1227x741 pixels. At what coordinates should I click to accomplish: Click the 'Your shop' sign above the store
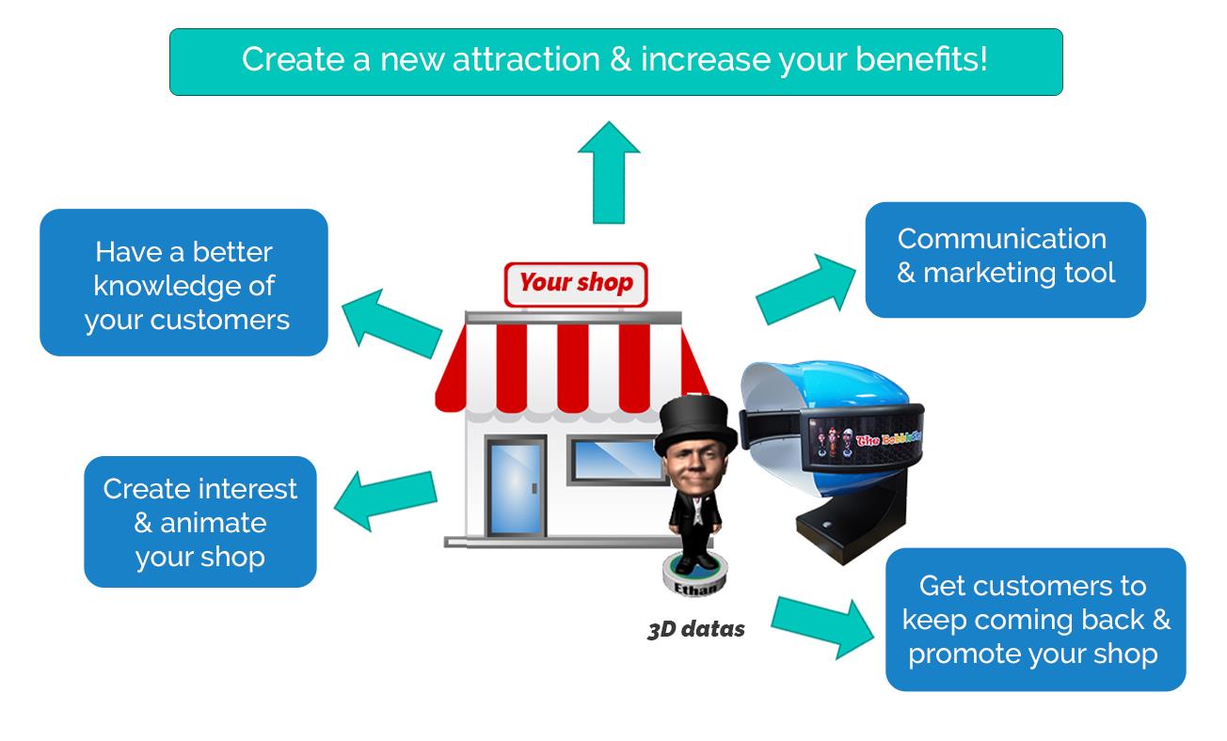(576, 284)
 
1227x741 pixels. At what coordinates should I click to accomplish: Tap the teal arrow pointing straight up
(609, 172)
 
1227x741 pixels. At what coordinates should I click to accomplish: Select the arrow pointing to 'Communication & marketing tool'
(805, 289)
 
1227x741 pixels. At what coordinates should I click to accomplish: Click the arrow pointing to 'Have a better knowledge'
(391, 323)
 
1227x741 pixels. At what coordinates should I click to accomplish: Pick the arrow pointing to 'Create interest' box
(386, 500)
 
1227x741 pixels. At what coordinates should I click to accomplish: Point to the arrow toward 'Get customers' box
(822, 627)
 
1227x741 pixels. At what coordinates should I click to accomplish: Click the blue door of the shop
(516, 486)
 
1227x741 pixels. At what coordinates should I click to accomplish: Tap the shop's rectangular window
(617, 460)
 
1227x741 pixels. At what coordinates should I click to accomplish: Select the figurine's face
(694, 466)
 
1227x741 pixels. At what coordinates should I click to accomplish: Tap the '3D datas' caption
(696, 629)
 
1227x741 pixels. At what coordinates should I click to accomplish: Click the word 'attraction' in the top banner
(526, 59)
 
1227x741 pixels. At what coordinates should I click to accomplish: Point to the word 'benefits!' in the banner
(921, 59)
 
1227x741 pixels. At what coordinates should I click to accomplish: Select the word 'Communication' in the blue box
(1002, 239)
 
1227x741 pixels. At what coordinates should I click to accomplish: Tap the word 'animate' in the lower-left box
(213, 523)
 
